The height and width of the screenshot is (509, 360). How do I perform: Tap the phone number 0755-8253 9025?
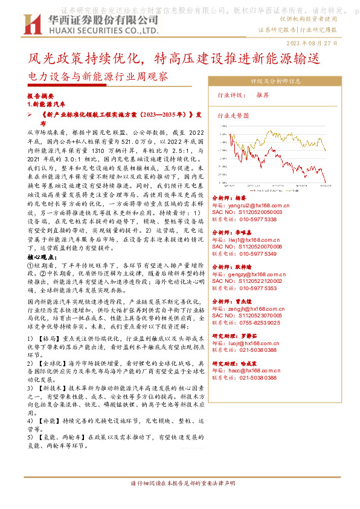260,322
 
